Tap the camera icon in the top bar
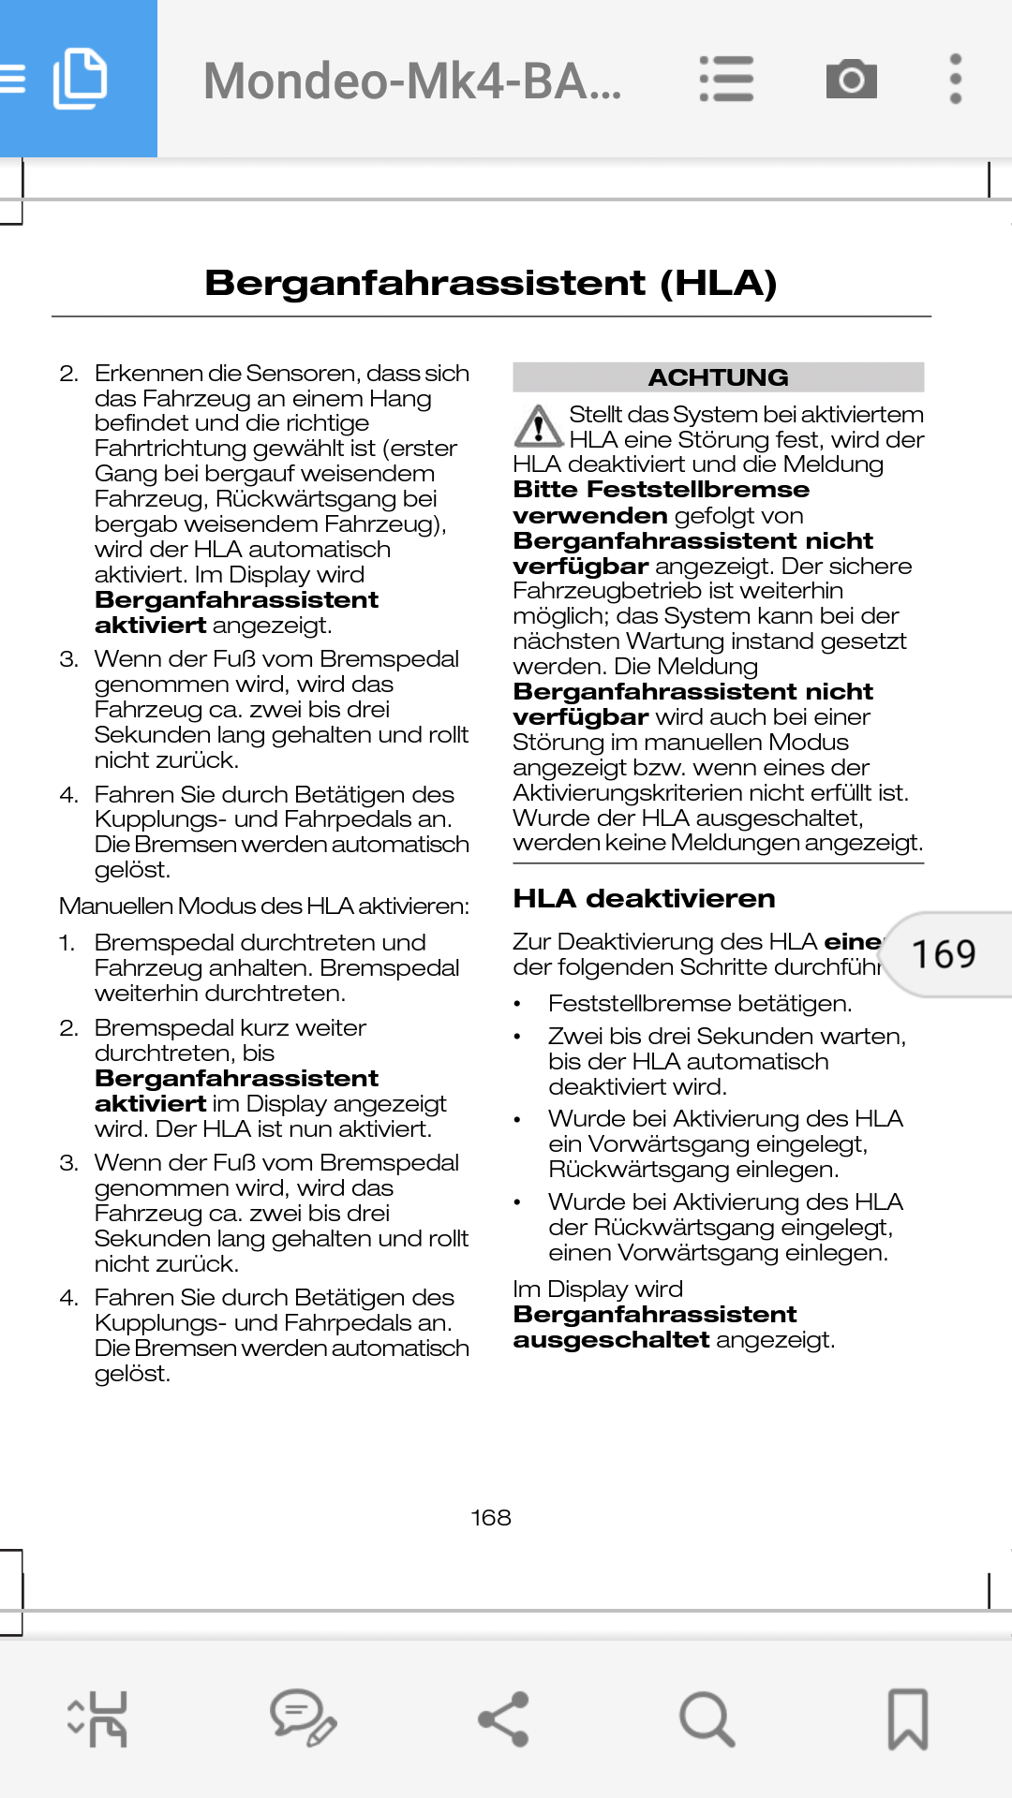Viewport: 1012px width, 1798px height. click(851, 79)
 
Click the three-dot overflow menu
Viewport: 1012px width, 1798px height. click(955, 79)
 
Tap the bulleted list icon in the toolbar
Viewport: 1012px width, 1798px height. click(726, 79)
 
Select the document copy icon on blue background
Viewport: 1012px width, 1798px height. click(80, 79)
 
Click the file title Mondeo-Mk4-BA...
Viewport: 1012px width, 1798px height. click(412, 81)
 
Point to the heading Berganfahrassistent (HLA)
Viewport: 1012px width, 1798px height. click(491, 283)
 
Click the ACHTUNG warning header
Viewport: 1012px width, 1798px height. click(718, 377)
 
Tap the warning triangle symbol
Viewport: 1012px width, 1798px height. click(538, 426)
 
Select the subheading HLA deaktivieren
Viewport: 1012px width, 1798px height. click(644, 899)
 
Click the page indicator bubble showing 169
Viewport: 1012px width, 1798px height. click(945, 954)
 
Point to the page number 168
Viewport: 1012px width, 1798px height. click(491, 1517)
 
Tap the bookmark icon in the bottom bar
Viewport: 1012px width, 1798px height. click(907, 1719)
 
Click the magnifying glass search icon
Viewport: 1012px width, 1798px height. click(706, 1719)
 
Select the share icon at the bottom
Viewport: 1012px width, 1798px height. click(504, 1719)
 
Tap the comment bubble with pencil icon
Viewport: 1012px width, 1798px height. click(303, 1719)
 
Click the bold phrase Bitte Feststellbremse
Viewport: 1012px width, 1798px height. click(661, 490)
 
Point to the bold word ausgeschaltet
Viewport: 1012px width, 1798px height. click(611, 1340)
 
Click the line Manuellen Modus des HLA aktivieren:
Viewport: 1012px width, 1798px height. click(264, 906)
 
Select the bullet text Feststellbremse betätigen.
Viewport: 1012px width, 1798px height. click(700, 1004)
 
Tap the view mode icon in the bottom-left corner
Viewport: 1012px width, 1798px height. click(98, 1719)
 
